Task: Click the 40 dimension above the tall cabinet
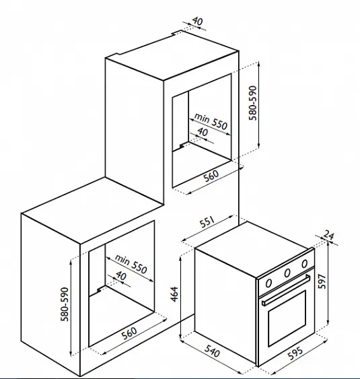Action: pyautogui.click(x=198, y=22)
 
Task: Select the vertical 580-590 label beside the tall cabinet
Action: pyautogui.click(x=253, y=103)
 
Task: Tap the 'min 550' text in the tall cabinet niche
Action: pyautogui.click(x=211, y=121)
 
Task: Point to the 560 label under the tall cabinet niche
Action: pyautogui.click(x=211, y=176)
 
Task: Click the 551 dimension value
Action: pyautogui.click(x=207, y=222)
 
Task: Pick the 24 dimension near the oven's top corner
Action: pyautogui.click(x=328, y=235)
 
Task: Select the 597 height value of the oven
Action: pyautogui.click(x=322, y=281)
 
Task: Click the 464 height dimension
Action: pyautogui.click(x=174, y=294)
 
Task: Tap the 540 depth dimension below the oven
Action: pyautogui.click(x=212, y=351)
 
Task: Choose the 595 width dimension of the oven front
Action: pyautogui.click(x=295, y=353)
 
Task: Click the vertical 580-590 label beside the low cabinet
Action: pyautogui.click(x=65, y=304)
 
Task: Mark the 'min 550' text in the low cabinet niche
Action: pyautogui.click(x=131, y=264)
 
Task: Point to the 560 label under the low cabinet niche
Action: pyautogui.click(x=129, y=333)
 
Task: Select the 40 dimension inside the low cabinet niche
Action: pyautogui.click(x=121, y=275)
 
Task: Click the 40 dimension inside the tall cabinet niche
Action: pyautogui.click(x=203, y=132)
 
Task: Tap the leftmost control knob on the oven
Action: pyautogui.click(x=268, y=283)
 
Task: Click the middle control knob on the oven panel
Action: pyautogui.click(x=287, y=273)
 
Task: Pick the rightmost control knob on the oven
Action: pyautogui.click(x=305, y=264)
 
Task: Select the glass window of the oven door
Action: pyautogui.click(x=287, y=318)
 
